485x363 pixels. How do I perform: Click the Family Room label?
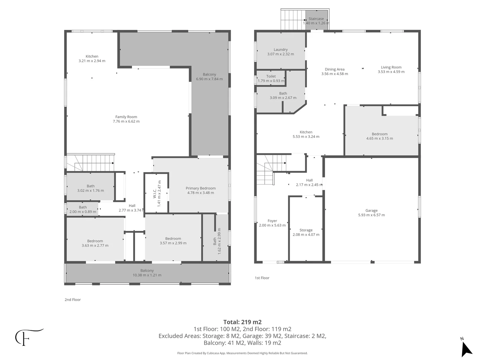(x=126, y=117)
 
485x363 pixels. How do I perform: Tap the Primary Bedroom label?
(x=200, y=188)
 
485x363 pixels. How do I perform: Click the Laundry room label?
(x=281, y=49)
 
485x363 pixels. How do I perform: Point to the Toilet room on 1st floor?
(x=271, y=78)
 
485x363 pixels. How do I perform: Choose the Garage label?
(x=371, y=211)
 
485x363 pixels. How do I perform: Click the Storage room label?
(x=306, y=230)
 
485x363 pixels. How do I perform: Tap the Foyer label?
(x=272, y=221)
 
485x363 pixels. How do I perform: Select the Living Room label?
(x=391, y=67)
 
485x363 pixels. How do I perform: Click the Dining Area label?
(x=334, y=70)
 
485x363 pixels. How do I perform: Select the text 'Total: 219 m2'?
(x=243, y=322)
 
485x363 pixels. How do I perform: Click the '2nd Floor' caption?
(x=73, y=300)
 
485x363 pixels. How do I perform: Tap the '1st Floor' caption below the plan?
(x=262, y=278)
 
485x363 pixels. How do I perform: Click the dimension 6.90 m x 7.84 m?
(x=209, y=79)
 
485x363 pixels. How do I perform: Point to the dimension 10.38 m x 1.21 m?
(x=147, y=275)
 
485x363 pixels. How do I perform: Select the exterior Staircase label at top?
(x=316, y=19)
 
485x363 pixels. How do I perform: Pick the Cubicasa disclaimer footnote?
(x=243, y=353)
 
